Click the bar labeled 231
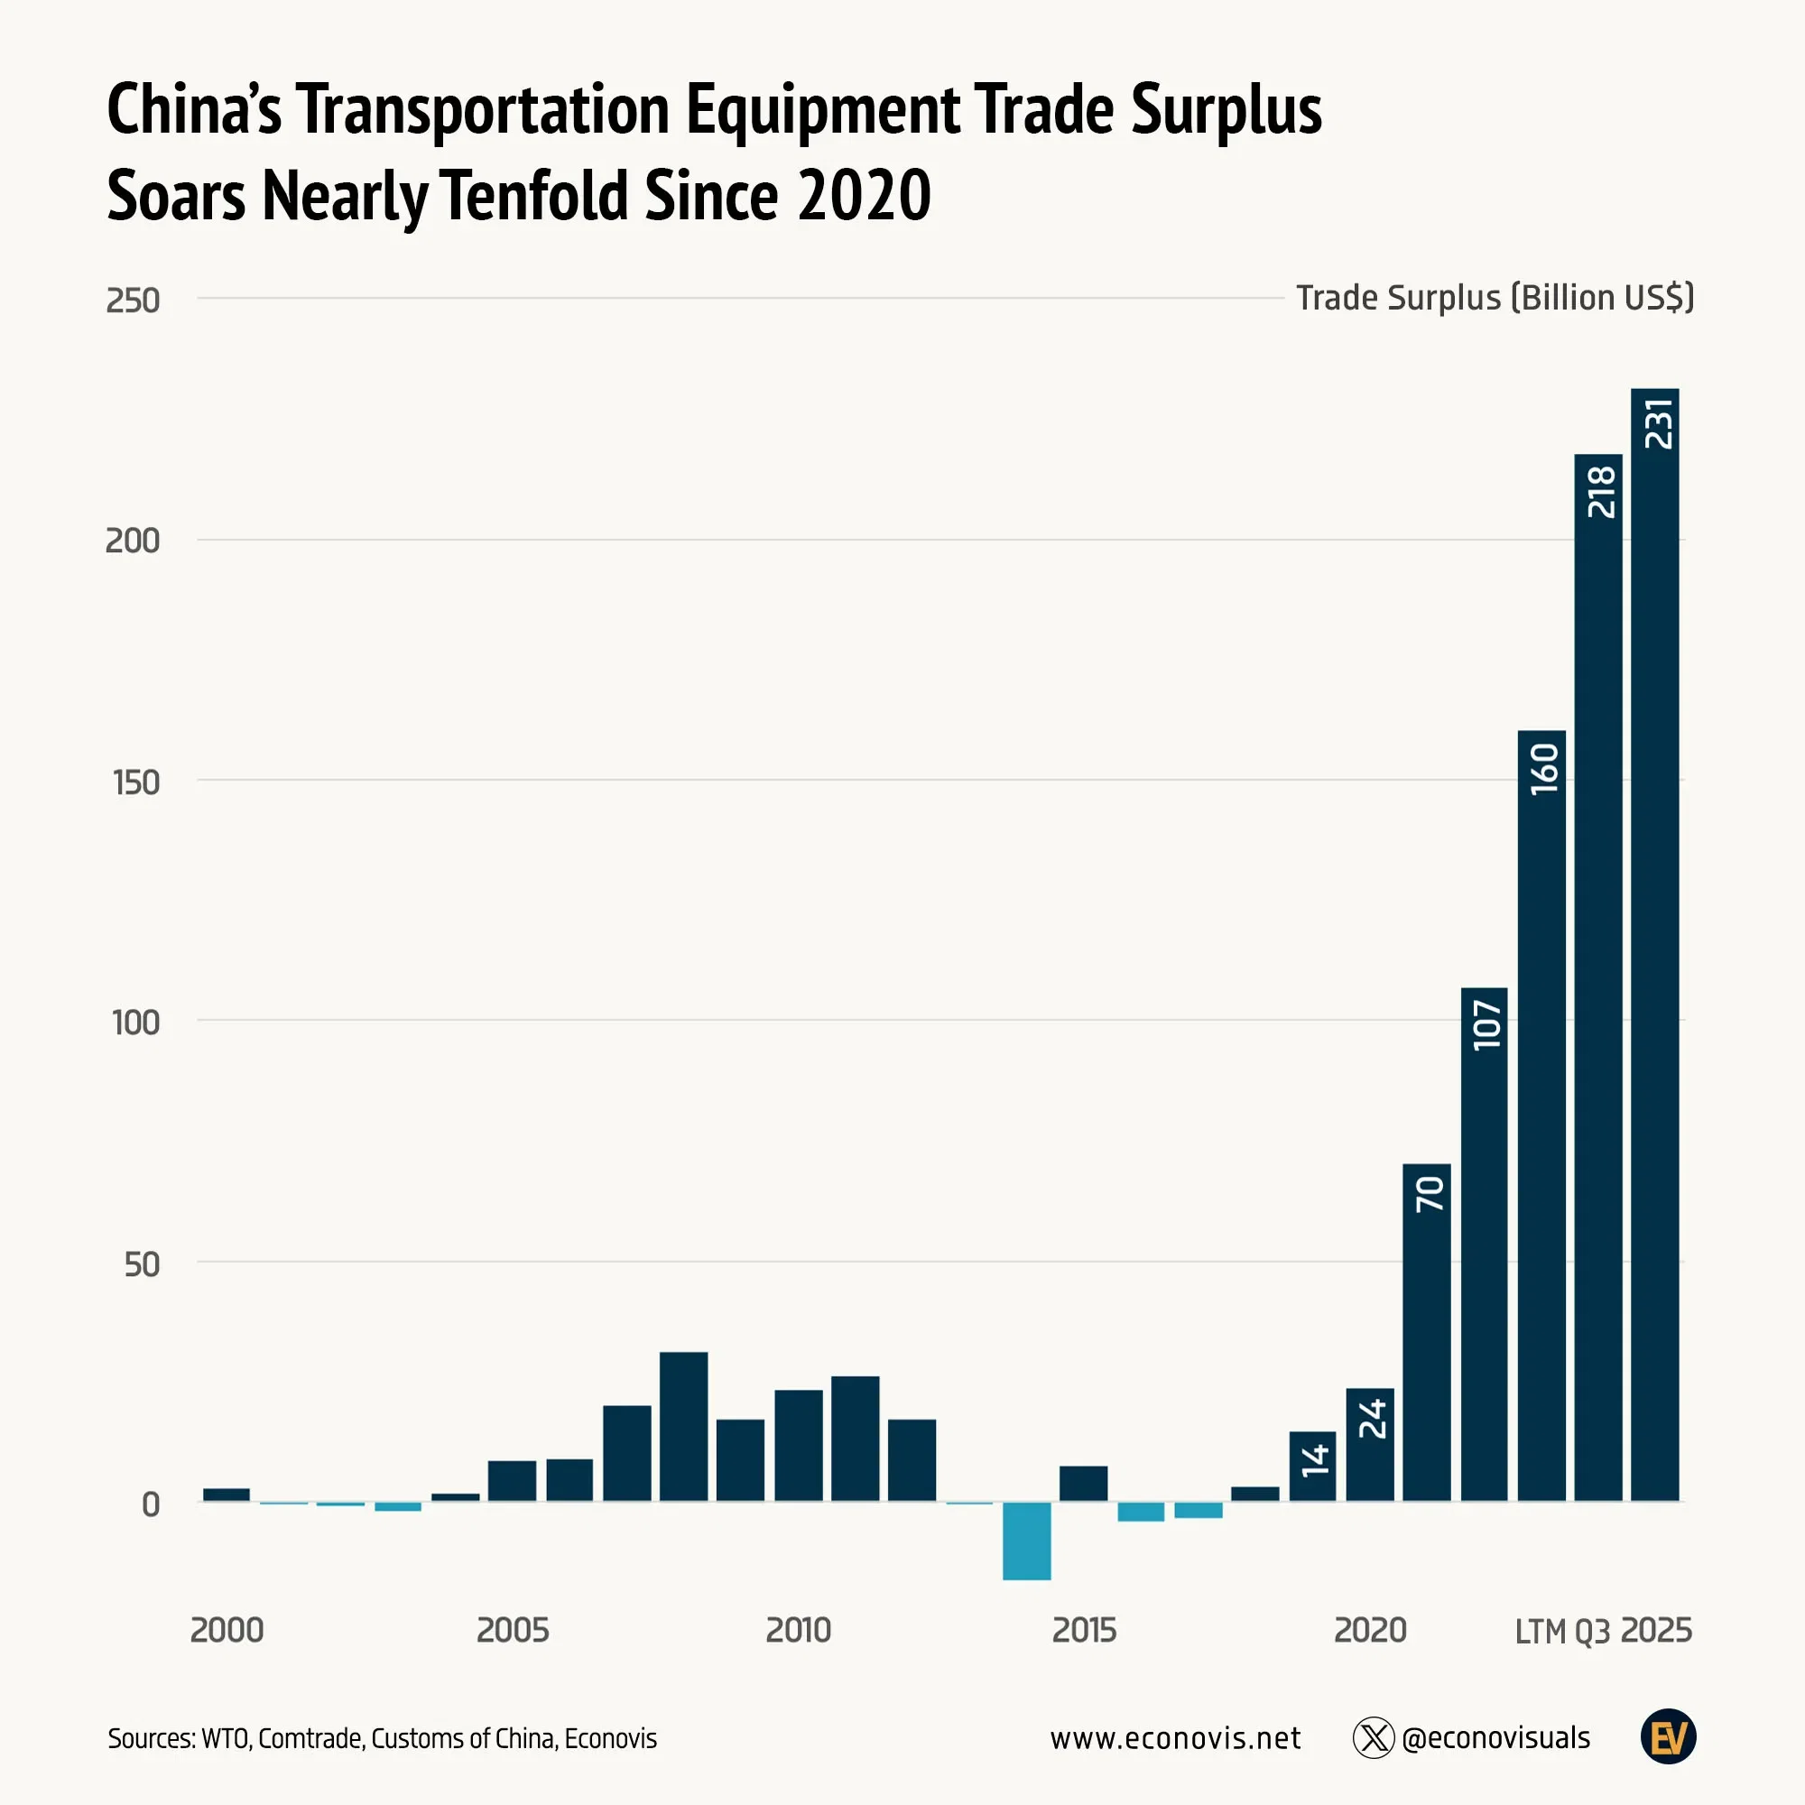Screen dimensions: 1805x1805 click(x=1654, y=944)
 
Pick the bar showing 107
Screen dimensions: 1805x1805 click(x=1484, y=1244)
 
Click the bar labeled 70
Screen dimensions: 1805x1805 click(x=1427, y=1331)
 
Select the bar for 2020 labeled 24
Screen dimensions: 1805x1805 click(x=1370, y=1443)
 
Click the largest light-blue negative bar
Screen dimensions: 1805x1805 click(x=1027, y=1541)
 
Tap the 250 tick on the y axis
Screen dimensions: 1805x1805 click(x=133, y=301)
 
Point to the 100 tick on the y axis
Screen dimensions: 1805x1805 click(x=136, y=1023)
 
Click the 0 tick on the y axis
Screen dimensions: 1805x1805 click(x=151, y=1504)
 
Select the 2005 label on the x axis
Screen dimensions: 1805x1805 click(x=513, y=1630)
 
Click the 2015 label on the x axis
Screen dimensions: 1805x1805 click(x=1084, y=1630)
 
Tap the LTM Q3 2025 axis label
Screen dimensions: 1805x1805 click(x=1602, y=1630)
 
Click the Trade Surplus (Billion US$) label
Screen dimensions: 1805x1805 click(x=1494, y=298)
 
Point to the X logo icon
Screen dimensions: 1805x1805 click(x=1374, y=1737)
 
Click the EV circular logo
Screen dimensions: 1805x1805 click(x=1668, y=1736)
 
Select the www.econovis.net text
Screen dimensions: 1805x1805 click(x=1174, y=1737)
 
